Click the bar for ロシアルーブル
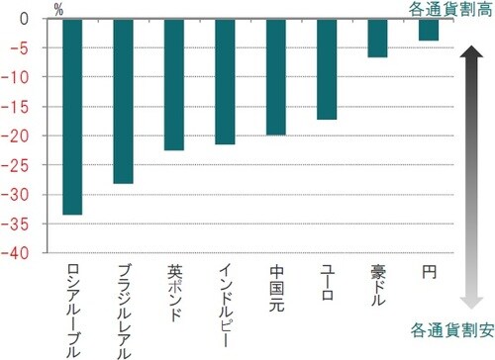[x=72, y=117]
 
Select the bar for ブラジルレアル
[x=123, y=101]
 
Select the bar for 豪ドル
[x=377, y=39]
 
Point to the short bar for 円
[x=428, y=30]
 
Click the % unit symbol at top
[x=57, y=10]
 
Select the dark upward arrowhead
[x=469, y=61]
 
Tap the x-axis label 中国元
[x=276, y=286]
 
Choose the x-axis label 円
[x=428, y=271]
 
